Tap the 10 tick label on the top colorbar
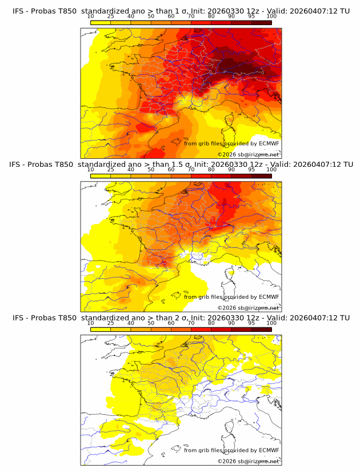[90, 17]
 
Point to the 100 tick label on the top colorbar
[271, 17]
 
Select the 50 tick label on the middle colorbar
[151, 170]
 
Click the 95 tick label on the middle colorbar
[251, 170]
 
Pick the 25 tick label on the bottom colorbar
[110, 323]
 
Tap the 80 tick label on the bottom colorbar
[211, 323]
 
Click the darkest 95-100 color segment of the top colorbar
[261, 22]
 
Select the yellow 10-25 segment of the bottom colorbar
[101, 328]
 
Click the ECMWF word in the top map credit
[269, 143]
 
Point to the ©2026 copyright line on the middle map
[249, 307]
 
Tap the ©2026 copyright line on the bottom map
[249, 461]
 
